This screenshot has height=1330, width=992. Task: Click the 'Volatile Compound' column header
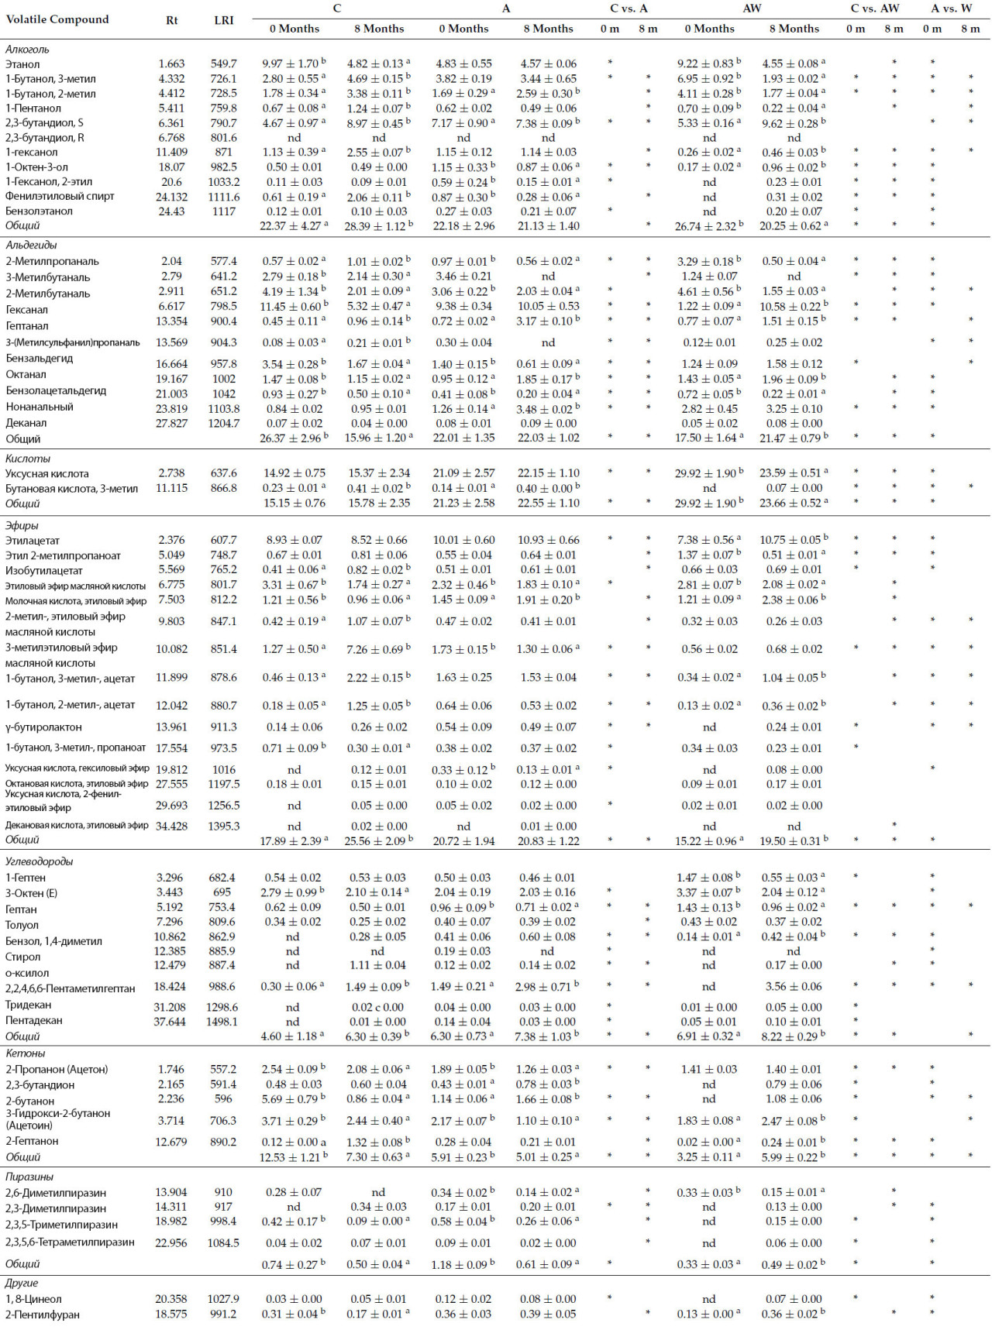[57, 19]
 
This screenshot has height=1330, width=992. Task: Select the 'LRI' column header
[224, 20]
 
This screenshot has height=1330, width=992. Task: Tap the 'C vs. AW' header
[874, 9]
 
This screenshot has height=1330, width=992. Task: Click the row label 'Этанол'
[22, 64]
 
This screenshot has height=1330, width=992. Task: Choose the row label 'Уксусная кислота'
[47, 473]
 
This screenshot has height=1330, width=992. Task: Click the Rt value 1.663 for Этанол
[171, 64]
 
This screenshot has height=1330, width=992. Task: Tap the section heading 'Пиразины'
[29, 1177]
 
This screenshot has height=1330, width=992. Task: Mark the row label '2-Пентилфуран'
[42, 1315]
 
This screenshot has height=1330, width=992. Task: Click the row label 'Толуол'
[22, 925]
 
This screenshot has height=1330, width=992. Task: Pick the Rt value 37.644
[170, 1022]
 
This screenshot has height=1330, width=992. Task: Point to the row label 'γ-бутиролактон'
[43, 727]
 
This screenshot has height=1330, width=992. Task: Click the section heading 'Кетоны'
[25, 1053]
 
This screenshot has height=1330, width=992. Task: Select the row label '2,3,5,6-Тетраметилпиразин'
[70, 1242]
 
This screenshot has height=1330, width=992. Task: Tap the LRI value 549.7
[223, 64]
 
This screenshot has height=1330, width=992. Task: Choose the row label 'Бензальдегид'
[40, 359]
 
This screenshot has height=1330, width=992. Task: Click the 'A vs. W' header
[951, 9]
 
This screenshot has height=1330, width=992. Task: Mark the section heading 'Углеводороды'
[39, 861]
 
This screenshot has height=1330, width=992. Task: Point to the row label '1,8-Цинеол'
[33, 1299]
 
